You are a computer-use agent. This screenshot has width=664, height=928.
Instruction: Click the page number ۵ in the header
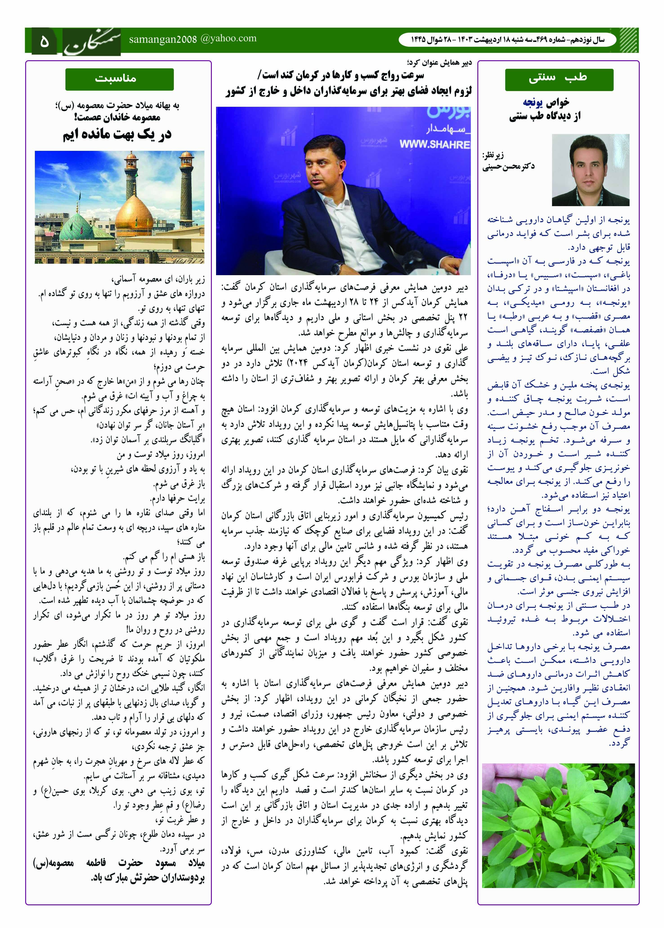point(44,41)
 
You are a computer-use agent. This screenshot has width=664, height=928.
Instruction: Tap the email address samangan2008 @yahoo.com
point(192,39)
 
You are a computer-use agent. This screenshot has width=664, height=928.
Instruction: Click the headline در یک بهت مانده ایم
point(117,135)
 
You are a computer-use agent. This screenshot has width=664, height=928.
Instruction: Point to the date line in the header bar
point(507,40)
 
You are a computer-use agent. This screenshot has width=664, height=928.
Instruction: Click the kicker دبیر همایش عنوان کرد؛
point(440,63)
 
